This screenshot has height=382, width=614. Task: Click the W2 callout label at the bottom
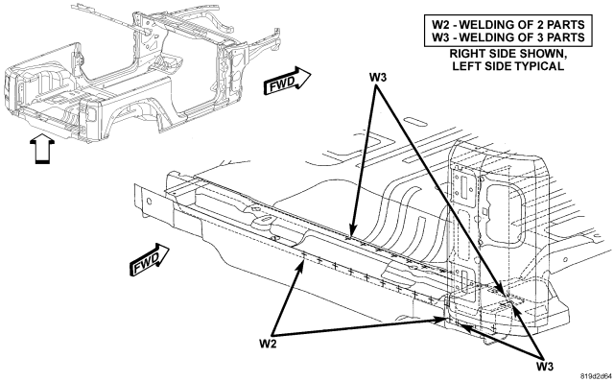[268, 344]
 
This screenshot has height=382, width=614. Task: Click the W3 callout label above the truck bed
[377, 77]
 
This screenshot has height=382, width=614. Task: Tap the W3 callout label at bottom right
[545, 367]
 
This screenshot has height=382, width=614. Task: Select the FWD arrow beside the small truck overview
[288, 81]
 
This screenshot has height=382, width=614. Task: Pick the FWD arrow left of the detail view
[150, 260]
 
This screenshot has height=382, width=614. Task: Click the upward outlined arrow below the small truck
[42, 149]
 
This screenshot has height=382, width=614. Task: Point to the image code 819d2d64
[597, 375]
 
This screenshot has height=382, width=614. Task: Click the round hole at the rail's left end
[149, 202]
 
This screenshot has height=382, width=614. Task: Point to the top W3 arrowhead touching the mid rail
[352, 232]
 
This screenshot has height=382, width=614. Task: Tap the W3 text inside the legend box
[441, 37]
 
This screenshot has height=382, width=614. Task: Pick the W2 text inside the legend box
[441, 25]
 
